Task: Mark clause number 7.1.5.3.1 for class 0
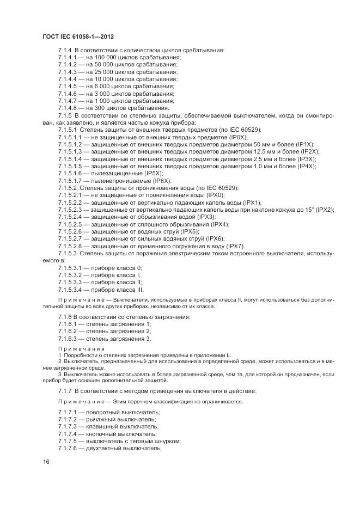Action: coord(69,268)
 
